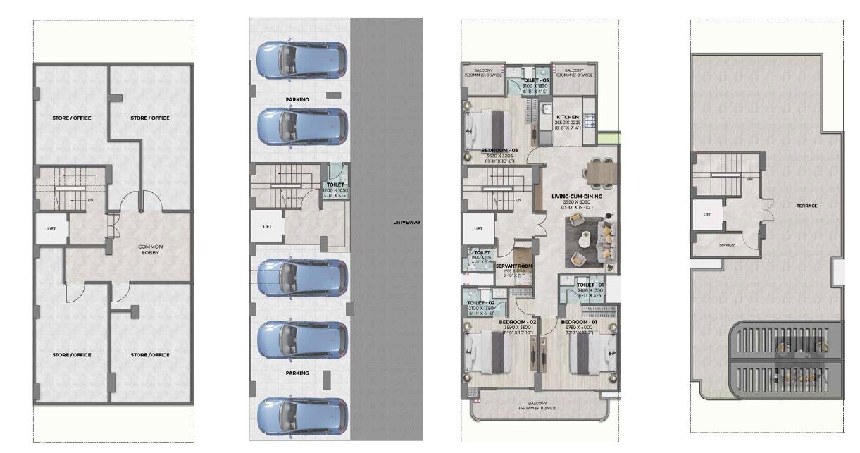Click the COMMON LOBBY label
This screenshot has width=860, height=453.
(150, 250)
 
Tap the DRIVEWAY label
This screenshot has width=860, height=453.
(406, 223)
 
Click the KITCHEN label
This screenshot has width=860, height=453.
(568, 118)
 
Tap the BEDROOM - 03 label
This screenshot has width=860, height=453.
(499, 151)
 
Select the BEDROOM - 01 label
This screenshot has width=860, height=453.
(580, 321)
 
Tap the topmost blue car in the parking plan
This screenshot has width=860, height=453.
(301, 61)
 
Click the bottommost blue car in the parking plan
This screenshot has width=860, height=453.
(301, 415)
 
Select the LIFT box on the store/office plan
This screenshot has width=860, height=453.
(51, 228)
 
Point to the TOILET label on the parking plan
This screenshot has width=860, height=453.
(335, 185)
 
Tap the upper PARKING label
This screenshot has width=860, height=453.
(297, 100)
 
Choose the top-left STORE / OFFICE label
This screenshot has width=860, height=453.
(71, 118)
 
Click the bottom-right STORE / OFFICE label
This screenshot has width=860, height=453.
(150, 355)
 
